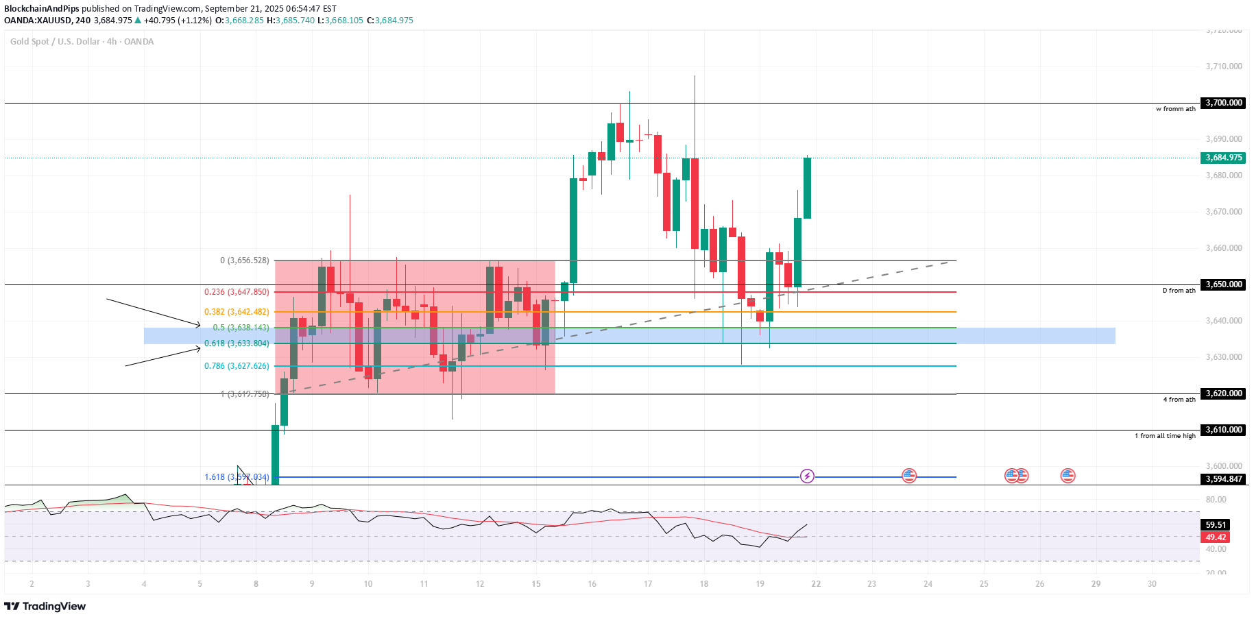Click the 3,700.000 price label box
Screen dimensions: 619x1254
[x=1223, y=103]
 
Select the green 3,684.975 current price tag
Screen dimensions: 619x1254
[x=1223, y=158]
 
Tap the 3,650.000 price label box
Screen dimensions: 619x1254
[x=1223, y=284]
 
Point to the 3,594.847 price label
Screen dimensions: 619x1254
[x=1223, y=479]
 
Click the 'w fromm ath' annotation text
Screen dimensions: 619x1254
[x=1175, y=109]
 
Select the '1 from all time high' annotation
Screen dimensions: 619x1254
[x=1165, y=436]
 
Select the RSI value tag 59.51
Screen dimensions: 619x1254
[x=1216, y=525]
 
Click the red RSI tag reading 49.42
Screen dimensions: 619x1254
[x=1216, y=537]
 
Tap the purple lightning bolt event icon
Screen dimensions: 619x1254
[x=807, y=476]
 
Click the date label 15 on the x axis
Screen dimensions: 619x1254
[x=536, y=584]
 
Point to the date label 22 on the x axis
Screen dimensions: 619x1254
[x=816, y=584]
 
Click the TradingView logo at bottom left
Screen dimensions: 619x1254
[x=45, y=606]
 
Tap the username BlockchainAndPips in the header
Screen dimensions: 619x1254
[x=42, y=9]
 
